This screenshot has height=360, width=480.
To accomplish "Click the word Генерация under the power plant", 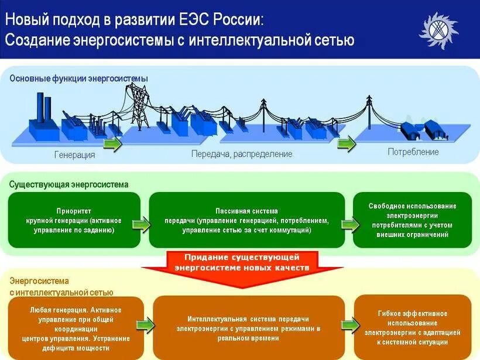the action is (74, 155).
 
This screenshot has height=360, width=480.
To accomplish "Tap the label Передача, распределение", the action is (241, 154).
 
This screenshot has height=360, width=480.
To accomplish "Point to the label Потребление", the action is (413, 152).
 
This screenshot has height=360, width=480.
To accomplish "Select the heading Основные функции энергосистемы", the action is (78, 78).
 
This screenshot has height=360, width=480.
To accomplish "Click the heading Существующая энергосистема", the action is (68, 184).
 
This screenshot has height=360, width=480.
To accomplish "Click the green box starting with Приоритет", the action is (74, 220).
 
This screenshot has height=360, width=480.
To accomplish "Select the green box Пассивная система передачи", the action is (246, 220).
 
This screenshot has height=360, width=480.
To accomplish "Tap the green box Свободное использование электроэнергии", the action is (412, 220).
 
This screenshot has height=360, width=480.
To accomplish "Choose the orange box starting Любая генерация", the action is (76, 328).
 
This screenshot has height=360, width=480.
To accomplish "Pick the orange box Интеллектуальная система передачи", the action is (249, 328).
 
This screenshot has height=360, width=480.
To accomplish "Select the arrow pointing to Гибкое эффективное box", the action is (351, 325).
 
